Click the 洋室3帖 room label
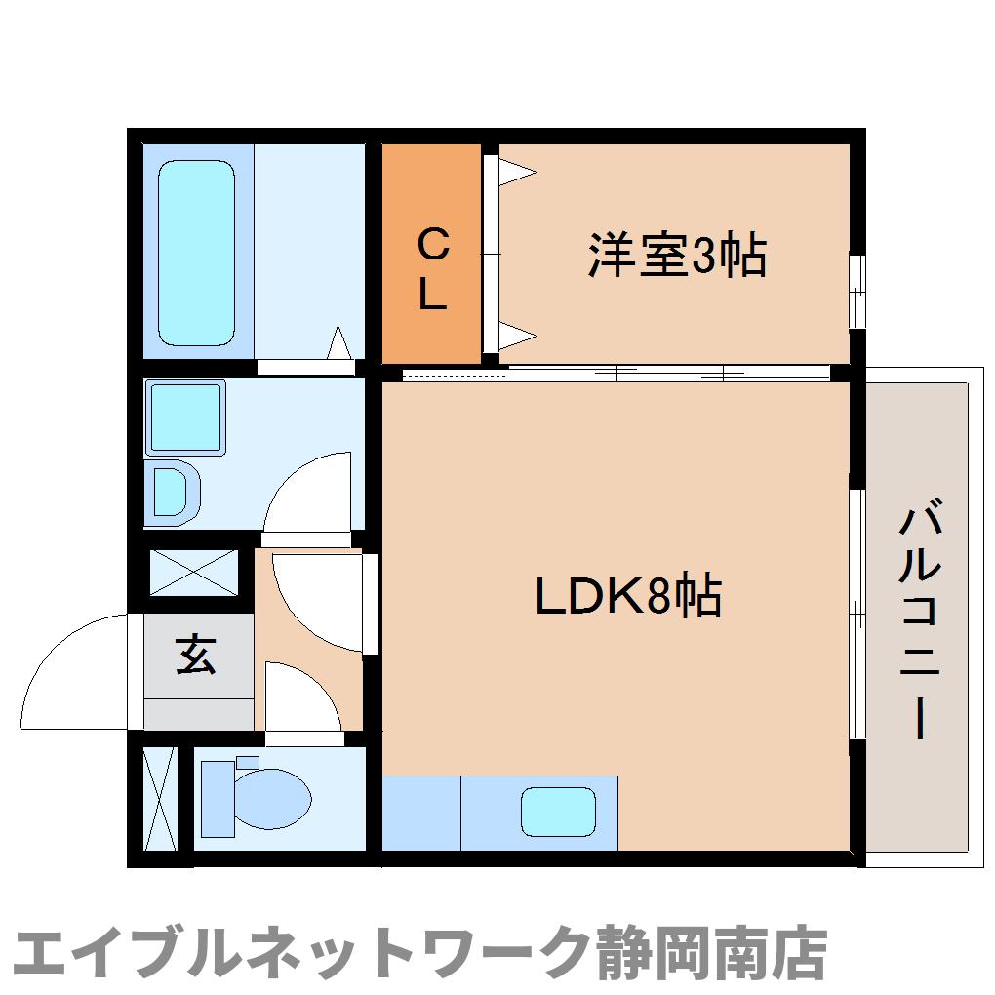click(676, 256)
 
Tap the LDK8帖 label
click(628, 596)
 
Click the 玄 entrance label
click(196, 656)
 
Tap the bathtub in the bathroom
click(196, 253)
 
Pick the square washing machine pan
click(185, 417)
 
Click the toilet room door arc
click(299, 695)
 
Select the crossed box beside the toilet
click(159, 798)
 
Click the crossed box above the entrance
click(193, 573)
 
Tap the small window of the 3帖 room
click(856, 292)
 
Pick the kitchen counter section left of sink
click(420, 812)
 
